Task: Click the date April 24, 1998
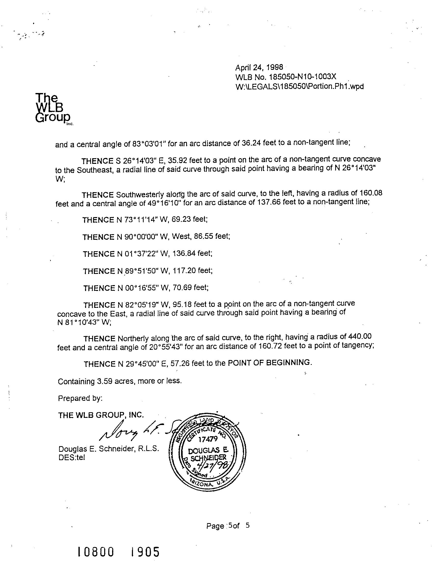tap(259, 67)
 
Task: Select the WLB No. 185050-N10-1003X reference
tap(286, 77)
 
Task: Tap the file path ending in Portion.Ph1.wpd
tap(299, 86)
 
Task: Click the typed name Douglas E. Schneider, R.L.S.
tap(109, 449)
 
